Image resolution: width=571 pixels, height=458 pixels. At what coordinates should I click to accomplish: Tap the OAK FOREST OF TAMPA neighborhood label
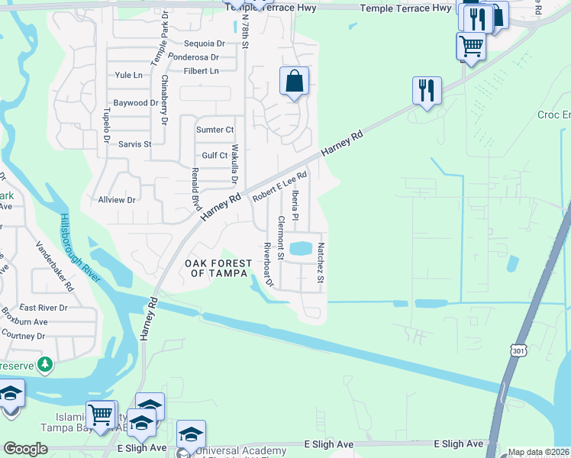pyautogui.click(x=218, y=268)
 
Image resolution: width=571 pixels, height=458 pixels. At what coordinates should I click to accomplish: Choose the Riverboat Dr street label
pyautogui.click(x=268, y=263)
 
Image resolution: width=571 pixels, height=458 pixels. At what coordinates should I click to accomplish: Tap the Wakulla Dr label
pyautogui.click(x=235, y=164)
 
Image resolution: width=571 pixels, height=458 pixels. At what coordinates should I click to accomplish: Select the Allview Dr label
pyautogui.click(x=117, y=199)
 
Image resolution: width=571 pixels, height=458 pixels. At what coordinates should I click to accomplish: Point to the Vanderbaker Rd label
pyautogui.click(x=55, y=266)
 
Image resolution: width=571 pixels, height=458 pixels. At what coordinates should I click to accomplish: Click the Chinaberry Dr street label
pyautogui.click(x=164, y=100)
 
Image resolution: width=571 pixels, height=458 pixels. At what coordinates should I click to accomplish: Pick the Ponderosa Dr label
pyautogui.click(x=194, y=57)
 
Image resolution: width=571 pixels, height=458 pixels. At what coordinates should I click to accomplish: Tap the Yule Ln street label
pyautogui.click(x=128, y=75)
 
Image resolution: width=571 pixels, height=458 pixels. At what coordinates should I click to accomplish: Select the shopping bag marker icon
pyautogui.click(x=294, y=81)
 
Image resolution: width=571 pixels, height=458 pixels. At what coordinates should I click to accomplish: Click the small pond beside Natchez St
pyautogui.click(x=301, y=248)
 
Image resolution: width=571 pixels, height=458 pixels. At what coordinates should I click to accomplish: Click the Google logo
pyautogui.click(x=25, y=449)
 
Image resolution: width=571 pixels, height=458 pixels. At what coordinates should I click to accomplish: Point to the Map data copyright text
pyautogui.click(x=538, y=452)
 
